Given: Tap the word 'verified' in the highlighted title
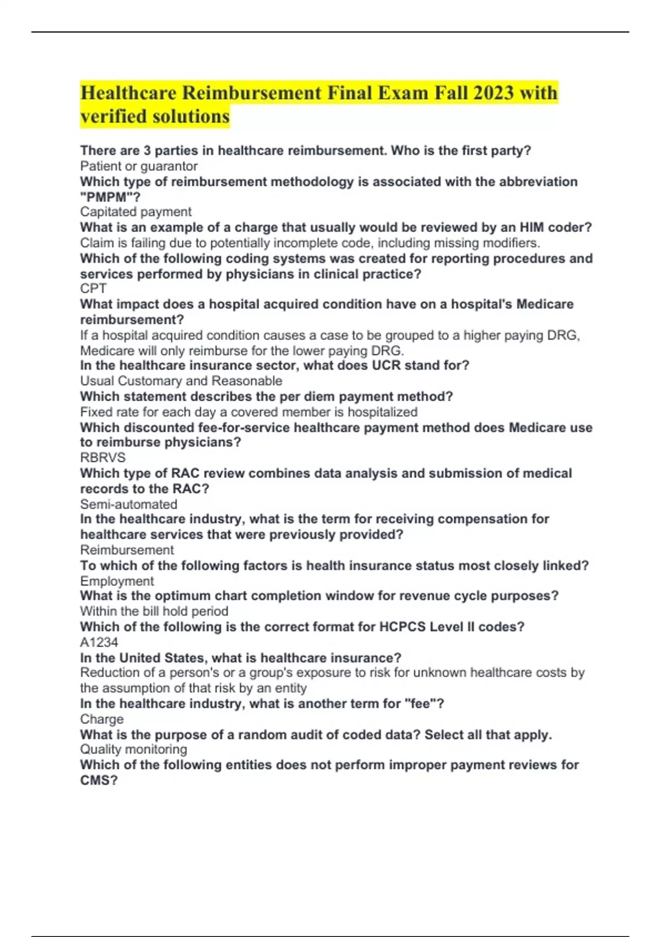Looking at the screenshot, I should pyautogui.click(x=113, y=116).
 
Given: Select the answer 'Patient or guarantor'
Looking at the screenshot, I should pyautogui.click(x=138, y=166).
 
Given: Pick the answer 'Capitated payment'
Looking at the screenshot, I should pyautogui.click(x=136, y=212).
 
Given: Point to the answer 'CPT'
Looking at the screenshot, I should pyautogui.click(x=93, y=288).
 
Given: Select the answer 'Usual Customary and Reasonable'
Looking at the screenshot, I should pyautogui.click(x=181, y=381).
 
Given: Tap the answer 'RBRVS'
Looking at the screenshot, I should pyautogui.click(x=102, y=457).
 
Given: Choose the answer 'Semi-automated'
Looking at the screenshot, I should pyautogui.click(x=128, y=504).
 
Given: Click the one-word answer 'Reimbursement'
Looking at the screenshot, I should pyautogui.click(x=127, y=550).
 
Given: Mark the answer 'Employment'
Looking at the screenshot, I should pyautogui.click(x=117, y=581).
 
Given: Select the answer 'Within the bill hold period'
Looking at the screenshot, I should pyautogui.click(x=154, y=611).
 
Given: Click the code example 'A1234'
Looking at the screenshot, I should pyautogui.click(x=99, y=642).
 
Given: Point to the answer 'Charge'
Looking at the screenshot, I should pyautogui.click(x=101, y=719).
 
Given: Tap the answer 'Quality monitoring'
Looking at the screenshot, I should pyautogui.click(x=133, y=749).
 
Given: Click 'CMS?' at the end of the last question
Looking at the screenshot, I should pyautogui.click(x=99, y=780).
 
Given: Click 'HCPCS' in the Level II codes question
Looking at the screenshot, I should pyautogui.click(x=402, y=627).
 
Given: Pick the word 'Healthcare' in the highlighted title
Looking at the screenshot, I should pyautogui.click(x=128, y=93).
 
